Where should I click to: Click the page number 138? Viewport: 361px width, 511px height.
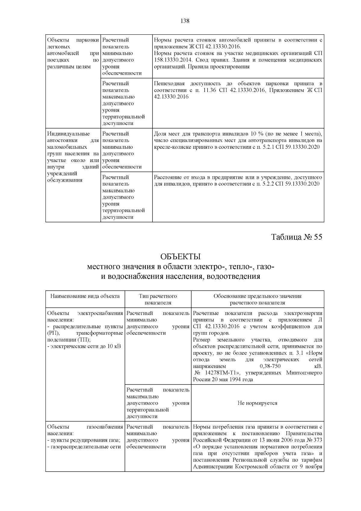click(184, 21)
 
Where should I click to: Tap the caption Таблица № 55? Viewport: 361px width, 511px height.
click(297, 237)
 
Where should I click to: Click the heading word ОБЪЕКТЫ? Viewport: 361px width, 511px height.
click(180, 257)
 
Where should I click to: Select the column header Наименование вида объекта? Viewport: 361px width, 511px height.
click(85, 296)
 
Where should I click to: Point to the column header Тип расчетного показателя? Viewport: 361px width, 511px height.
click(158, 299)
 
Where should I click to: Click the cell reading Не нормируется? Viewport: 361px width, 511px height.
click(257, 403)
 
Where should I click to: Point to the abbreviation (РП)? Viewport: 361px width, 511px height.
click(54, 333)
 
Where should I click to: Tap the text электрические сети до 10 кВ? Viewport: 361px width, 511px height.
click(85, 346)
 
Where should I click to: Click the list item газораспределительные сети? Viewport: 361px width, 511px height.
click(85, 447)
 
